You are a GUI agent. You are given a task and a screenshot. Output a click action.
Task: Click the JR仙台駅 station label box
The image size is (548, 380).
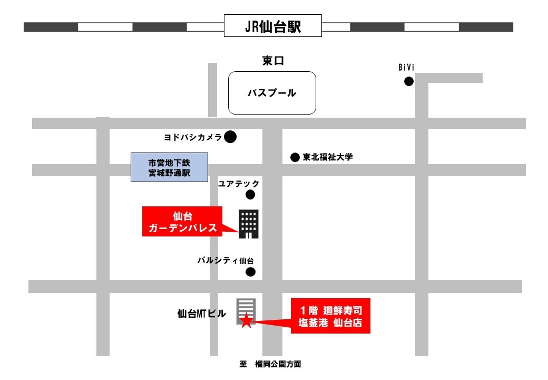[x=273, y=26]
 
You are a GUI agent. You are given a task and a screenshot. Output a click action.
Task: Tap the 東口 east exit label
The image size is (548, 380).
[x=273, y=61]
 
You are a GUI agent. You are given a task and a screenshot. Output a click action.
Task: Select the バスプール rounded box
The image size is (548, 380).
[x=272, y=93]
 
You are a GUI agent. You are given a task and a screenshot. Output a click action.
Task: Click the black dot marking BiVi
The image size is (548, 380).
[x=408, y=81]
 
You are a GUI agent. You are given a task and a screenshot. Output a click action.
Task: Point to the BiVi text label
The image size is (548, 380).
[x=407, y=67]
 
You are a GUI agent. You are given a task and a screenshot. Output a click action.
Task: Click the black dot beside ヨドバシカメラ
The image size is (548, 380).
[x=230, y=137]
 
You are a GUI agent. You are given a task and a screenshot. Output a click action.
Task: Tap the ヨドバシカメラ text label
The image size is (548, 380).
[x=192, y=137]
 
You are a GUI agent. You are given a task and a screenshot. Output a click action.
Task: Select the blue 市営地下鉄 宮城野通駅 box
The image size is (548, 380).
[x=170, y=167]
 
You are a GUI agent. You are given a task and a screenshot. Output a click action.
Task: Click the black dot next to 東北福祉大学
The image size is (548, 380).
[x=295, y=157]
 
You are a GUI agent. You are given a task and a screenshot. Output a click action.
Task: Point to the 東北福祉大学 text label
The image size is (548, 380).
[x=327, y=157]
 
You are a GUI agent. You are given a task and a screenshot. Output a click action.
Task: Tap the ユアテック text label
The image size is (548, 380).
[x=239, y=184]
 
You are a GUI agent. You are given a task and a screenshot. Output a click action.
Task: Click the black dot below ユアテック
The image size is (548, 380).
[x=250, y=195]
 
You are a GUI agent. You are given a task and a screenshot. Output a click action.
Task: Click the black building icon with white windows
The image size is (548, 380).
[x=249, y=224]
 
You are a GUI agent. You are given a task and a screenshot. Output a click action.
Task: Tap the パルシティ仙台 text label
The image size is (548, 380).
[x=226, y=260]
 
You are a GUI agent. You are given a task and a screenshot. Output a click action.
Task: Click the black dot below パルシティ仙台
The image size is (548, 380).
[x=251, y=272]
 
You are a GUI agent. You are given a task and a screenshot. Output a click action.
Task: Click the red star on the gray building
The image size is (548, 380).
[x=246, y=320]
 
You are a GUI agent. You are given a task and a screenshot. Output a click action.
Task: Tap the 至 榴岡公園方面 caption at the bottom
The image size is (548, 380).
[x=270, y=364]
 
